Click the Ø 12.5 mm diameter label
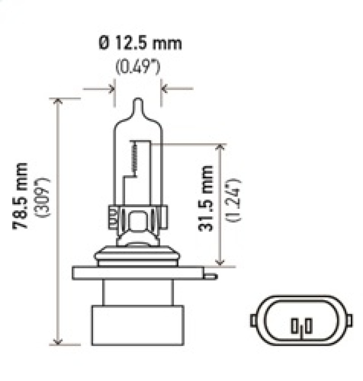click(139, 44)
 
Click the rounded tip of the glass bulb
click(137, 103)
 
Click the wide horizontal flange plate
click(138, 273)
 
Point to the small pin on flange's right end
click(211, 275)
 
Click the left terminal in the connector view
click(295, 325)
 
